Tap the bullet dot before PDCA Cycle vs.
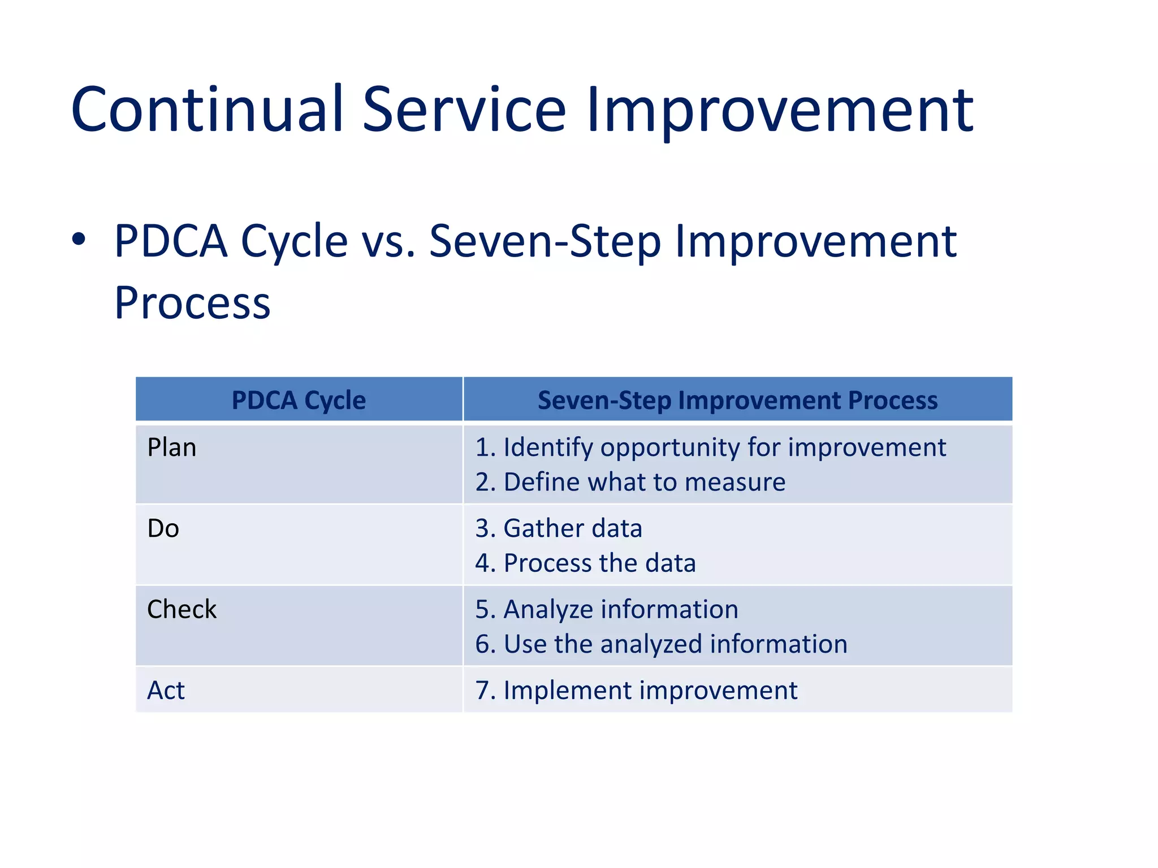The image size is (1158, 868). pyautogui.click(x=79, y=240)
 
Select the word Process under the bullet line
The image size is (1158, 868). pyautogui.click(x=192, y=303)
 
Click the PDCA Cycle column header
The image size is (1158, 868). pyautogui.click(x=299, y=400)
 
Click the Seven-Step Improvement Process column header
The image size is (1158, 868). pyautogui.click(x=737, y=400)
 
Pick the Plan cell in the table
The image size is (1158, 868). pyautogui.click(x=172, y=448)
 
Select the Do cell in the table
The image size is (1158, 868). pyautogui.click(x=163, y=528)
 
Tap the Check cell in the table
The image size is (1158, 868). pyautogui.click(x=182, y=609)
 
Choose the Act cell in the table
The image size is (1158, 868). pyautogui.click(x=166, y=691)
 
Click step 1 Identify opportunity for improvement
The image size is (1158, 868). pyautogui.click(x=710, y=448)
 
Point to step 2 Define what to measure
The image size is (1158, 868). pyautogui.click(x=630, y=483)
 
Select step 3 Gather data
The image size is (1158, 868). pyautogui.click(x=559, y=528)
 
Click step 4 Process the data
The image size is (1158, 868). pyautogui.click(x=585, y=563)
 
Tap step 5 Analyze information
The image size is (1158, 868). pyautogui.click(x=607, y=609)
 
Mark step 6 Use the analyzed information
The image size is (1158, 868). pyautogui.click(x=661, y=644)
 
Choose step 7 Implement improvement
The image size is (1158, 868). pyautogui.click(x=636, y=691)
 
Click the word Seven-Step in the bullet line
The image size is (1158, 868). pyautogui.click(x=545, y=241)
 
